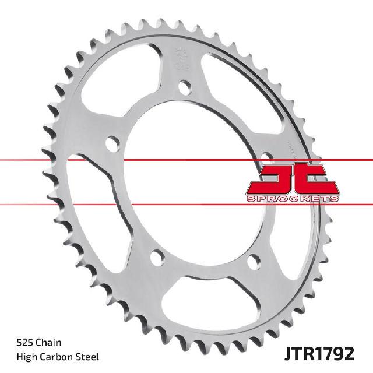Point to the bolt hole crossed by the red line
coord(267,157)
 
